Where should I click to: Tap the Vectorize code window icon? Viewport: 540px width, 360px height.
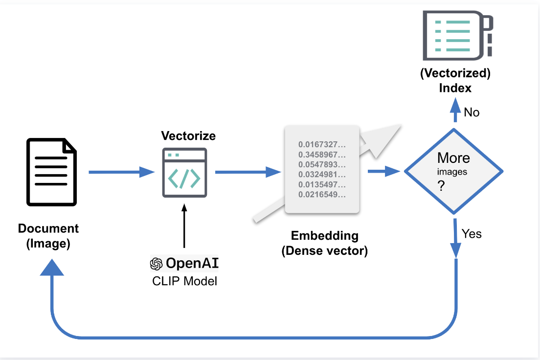coord(184,173)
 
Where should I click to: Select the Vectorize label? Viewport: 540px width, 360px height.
coord(188,136)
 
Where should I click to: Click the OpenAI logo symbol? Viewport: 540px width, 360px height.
coord(156,264)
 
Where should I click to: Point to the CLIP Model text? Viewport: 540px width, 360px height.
coord(184,281)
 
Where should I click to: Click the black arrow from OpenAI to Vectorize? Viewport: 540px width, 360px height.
coord(184,227)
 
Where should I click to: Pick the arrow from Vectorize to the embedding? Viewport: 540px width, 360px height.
coord(247,172)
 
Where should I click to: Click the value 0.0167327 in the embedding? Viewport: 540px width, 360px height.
coord(322,145)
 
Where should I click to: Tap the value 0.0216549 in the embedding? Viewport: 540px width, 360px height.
coord(322,195)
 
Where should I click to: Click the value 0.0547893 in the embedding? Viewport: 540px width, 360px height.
coord(322,165)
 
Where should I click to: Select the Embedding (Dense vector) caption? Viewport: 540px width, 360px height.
coord(324,243)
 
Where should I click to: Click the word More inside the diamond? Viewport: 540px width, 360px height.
coord(453,158)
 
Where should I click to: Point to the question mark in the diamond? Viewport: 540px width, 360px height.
coord(441,186)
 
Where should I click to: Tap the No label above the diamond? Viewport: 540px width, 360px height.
coord(472,112)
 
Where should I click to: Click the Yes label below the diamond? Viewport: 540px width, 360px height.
coord(472,234)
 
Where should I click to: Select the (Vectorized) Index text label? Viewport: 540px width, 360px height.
coord(455,81)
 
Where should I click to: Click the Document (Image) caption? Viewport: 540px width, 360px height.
coord(48,236)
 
